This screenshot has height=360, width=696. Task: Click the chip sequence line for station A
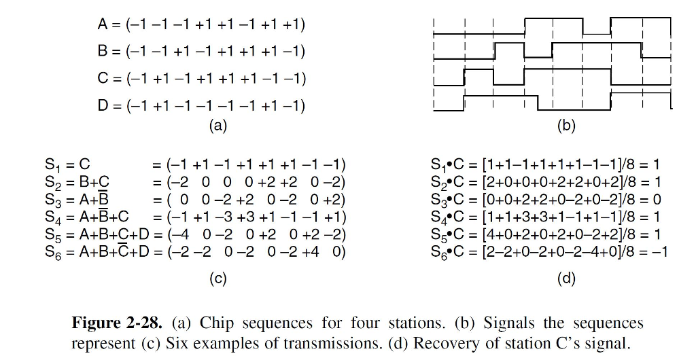[201, 25]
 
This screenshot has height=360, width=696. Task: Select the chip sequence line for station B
[201, 52]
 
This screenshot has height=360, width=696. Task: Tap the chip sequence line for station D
[201, 105]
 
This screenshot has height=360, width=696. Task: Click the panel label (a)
[218, 126]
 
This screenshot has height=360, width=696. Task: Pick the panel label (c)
[217, 278]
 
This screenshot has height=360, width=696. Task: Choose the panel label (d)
[566, 278]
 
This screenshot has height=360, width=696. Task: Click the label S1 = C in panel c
[67, 164]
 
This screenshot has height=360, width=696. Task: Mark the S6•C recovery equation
[549, 253]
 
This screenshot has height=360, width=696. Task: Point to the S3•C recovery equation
[546, 200]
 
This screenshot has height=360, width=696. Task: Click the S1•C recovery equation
[545, 164]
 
